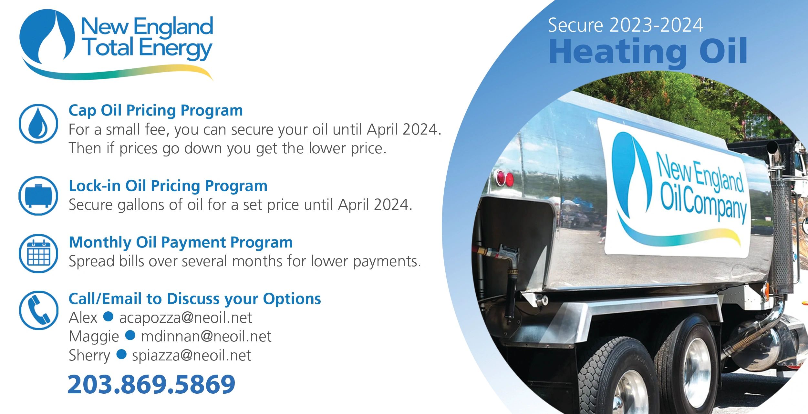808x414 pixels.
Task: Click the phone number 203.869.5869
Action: point(151,384)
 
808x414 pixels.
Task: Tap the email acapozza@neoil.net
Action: point(185,318)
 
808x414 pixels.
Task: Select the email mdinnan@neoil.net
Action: point(206,337)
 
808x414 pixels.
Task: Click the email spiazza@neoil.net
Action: point(192,356)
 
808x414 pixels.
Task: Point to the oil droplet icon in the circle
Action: point(38,124)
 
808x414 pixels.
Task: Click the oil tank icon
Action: point(38,196)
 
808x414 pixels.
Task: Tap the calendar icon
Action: point(38,253)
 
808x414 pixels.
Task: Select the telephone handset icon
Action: point(38,310)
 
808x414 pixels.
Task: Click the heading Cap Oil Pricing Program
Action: point(156,110)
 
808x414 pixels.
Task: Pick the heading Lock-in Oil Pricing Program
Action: point(168,186)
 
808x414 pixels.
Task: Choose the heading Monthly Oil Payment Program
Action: point(181,242)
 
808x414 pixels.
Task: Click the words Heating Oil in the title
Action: point(647,52)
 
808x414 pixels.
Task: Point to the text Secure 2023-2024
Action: point(626,25)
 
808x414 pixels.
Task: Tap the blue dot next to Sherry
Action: point(121,354)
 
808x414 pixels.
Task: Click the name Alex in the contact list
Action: point(83,318)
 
